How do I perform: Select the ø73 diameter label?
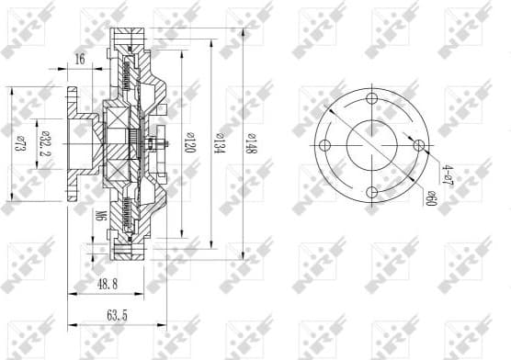[17, 143]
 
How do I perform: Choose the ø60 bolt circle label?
[430, 195]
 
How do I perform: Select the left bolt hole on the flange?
[325, 146]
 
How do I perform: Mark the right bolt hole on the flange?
[419, 145]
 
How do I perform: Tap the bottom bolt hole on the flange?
[372, 192]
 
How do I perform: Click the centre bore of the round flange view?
[372, 146]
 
